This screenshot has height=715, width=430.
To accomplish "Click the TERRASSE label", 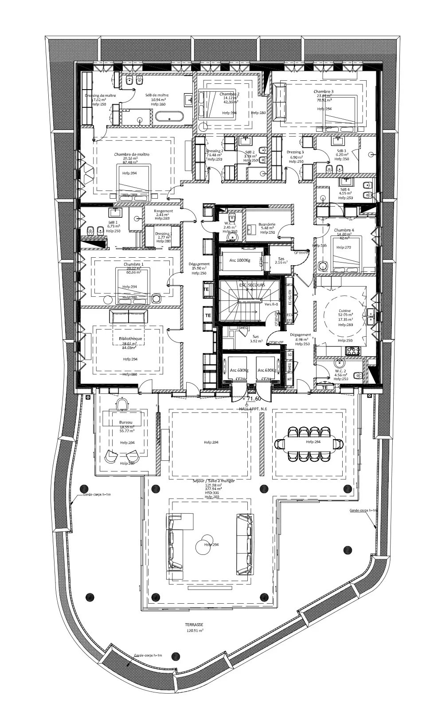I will pos(195,624).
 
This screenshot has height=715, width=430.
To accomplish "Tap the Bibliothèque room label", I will pos(130,339).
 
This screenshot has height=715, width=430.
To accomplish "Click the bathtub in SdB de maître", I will pos(169,117).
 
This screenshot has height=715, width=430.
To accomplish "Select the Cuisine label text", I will pos(345,310).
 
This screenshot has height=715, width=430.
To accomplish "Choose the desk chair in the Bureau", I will pos(121,404).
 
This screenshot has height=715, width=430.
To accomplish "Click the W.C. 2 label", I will pos(340,371).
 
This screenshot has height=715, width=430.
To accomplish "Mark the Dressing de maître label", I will pos(100,95).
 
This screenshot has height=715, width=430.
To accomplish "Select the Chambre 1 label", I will pos(130,264).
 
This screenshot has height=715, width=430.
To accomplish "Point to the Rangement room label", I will pos(164,211).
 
